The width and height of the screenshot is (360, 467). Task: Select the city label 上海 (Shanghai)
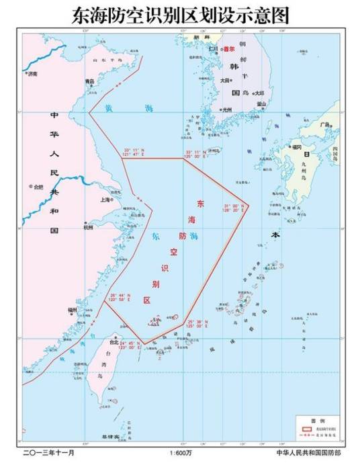(x=105, y=200)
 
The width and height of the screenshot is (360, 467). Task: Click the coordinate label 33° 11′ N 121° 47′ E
(x=134, y=153)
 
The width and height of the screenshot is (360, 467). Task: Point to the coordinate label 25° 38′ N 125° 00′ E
(x=200, y=325)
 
